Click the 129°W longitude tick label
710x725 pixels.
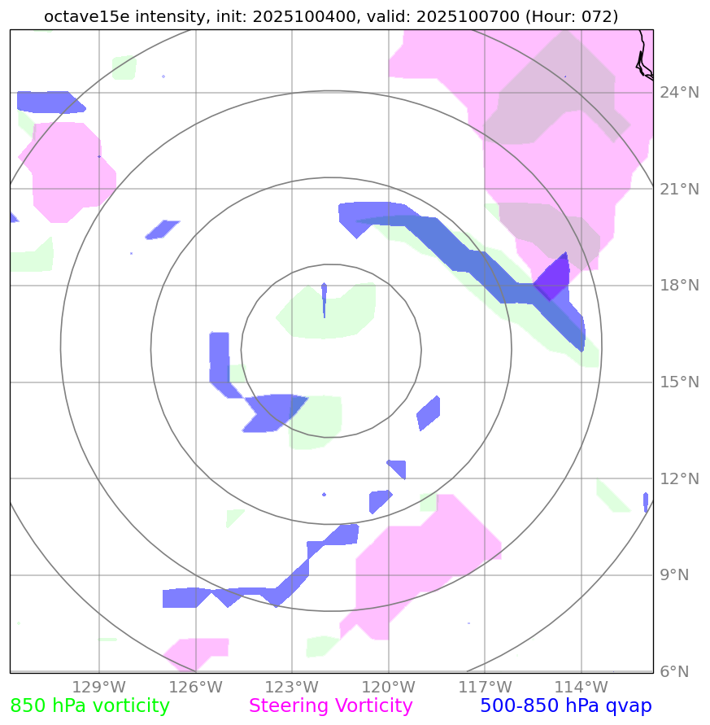pyautogui.click(x=99, y=688)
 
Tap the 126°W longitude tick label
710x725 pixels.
pyautogui.click(x=196, y=688)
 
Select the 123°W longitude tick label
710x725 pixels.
pyautogui.click(x=292, y=688)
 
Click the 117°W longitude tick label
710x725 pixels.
pyautogui.click(x=485, y=688)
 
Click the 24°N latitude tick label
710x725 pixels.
pyautogui.click(x=679, y=93)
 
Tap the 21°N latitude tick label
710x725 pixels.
pyautogui.click(x=679, y=190)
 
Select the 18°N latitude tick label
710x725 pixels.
pyautogui.click(x=679, y=286)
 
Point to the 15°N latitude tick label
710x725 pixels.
pyautogui.click(x=679, y=382)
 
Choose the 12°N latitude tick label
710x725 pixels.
pyautogui.click(x=679, y=478)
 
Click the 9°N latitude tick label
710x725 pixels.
pyautogui.click(x=675, y=575)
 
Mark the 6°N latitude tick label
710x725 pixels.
pyautogui.click(x=675, y=671)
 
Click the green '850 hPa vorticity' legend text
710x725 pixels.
pyautogui.click(x=89, y=706)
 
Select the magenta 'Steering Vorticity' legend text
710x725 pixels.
pyautogui.click(x=331, y=706)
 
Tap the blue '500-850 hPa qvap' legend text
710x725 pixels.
pyautogui.click(x=566, y=706)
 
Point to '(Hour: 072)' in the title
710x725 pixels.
pyautogui.click(x=570, y=16)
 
